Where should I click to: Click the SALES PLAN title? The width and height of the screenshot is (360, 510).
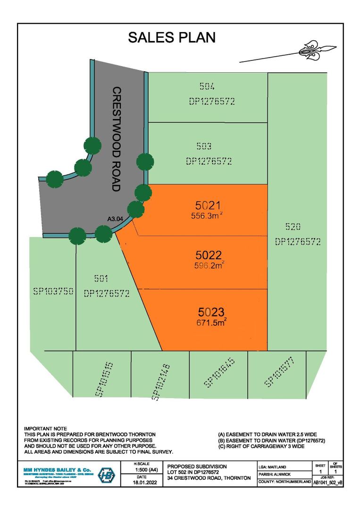[172, 38]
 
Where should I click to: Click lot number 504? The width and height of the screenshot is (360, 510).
[207, 87]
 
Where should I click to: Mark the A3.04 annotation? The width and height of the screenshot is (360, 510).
[115, 219]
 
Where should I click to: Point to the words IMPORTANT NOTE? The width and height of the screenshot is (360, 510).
[45, 428]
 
